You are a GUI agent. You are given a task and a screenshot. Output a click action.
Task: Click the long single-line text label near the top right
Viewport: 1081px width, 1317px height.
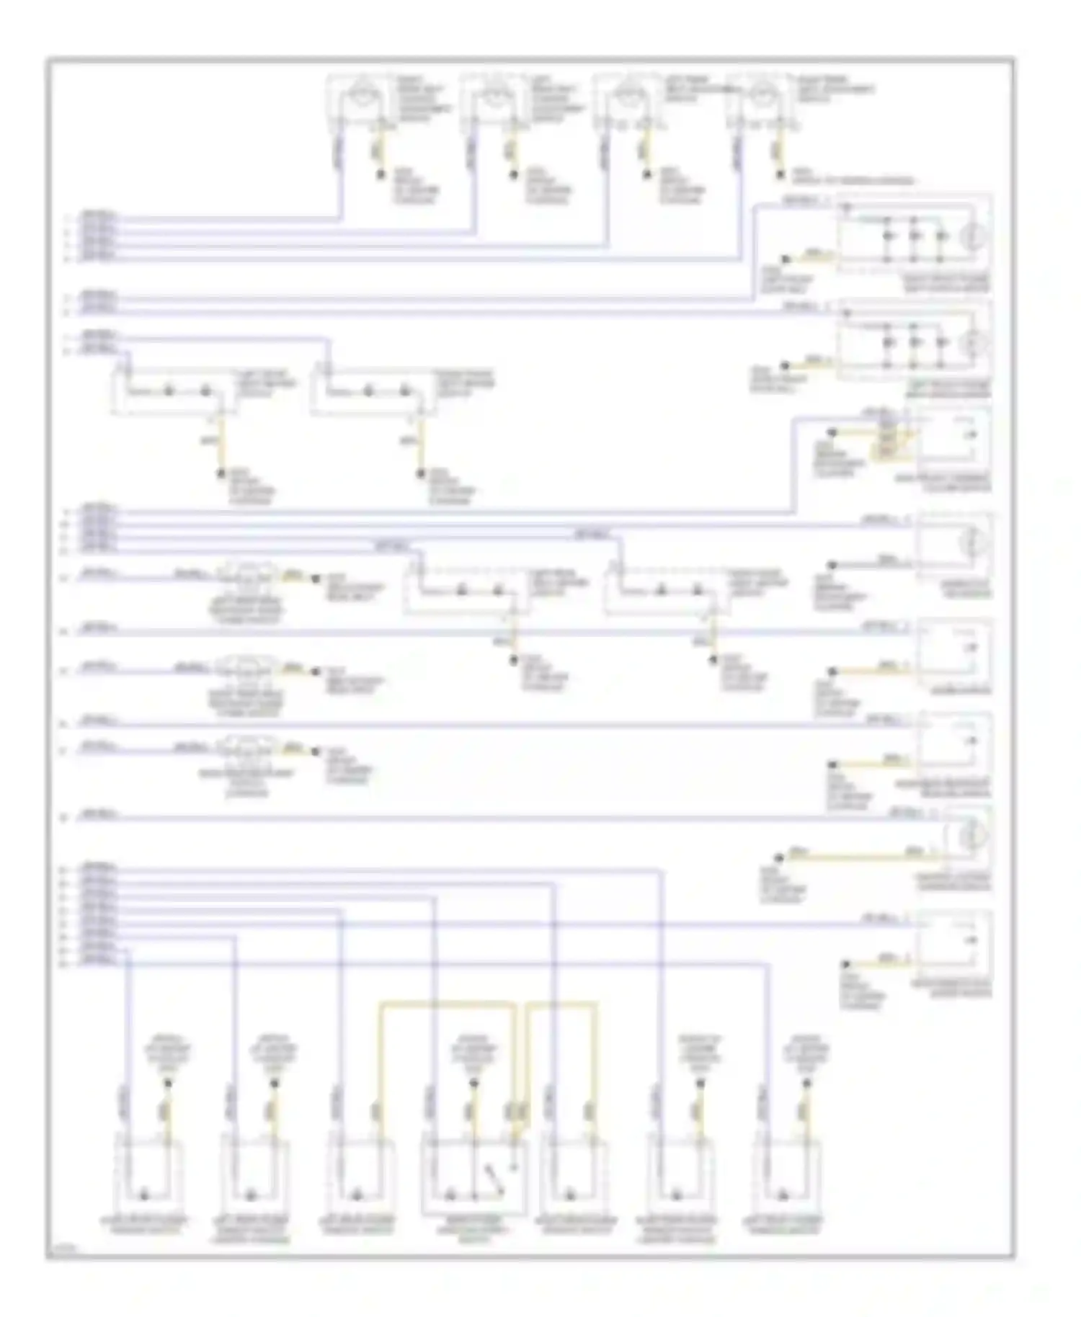tap(853, 180)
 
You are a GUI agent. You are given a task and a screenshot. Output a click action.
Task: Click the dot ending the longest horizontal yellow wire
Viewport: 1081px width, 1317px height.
tap(779, 857)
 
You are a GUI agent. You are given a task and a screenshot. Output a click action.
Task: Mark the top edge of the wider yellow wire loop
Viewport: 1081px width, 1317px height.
tap(447, 1002)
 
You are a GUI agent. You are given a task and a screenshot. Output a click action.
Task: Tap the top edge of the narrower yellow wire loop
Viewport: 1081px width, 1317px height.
tap(563, 1002)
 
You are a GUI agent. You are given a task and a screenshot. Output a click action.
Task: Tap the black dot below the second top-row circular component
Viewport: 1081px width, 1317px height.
tap(514, 175)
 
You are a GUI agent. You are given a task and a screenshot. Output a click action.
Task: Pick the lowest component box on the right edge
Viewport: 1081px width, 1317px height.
tap(953, 941)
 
